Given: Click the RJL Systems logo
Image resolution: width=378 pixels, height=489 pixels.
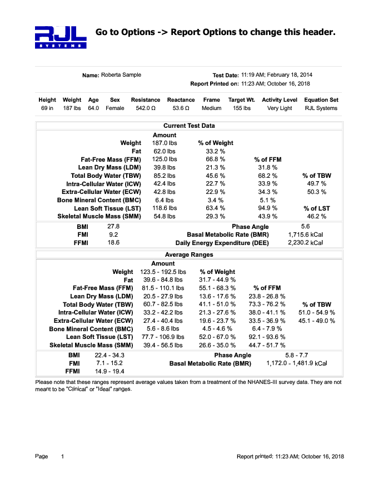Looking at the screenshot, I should pyautogui.click(x=60, y=37).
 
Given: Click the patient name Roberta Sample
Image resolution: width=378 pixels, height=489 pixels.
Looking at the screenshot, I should pyautogui.click(x=121, y=75).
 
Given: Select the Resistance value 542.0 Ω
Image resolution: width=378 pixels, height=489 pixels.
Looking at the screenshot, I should pyautogui.click(x=146, y=108).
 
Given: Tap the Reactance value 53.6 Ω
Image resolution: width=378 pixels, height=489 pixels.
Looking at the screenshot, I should pyautogui.click(x=181, y=108).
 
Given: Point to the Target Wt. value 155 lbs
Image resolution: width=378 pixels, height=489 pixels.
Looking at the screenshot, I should pyautogui.click(x=241, y=108).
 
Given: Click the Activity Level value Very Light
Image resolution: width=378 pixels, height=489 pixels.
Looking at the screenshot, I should pyautogui.click(x=280, y=108).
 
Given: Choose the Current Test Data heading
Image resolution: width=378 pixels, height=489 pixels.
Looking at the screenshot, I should pyautogui.click(x=189, y=126).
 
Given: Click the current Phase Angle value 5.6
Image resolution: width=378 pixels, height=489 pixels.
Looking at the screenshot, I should pyautogui.click(x=305, y=227).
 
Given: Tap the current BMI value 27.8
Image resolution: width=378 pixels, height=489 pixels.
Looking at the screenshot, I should pyautogui.click(x=113, y=227).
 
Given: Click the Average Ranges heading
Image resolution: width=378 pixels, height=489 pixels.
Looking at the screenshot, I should pyautogui.click(x=189, y=255).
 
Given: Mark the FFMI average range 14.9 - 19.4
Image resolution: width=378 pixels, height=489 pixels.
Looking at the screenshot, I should pyautogui.click(x=110, y=371).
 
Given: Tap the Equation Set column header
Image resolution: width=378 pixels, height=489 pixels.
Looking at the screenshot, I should pyautogui.click(x=321, y=100).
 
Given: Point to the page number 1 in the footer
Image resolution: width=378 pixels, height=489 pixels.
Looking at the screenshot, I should pyautogui.click(x=63, y=456).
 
